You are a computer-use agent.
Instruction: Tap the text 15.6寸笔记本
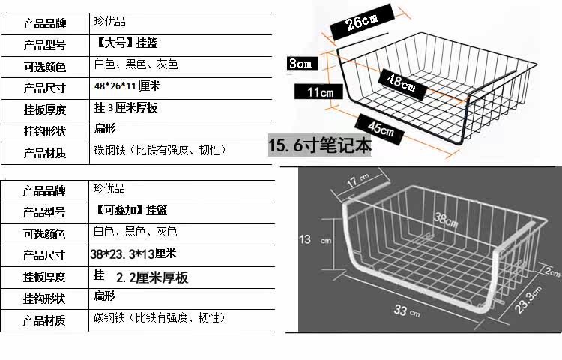click(x=320, y=145)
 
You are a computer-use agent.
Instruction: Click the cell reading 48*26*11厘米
click(x=127, y=86)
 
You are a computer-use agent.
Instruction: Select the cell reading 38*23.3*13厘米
click(x=133, y=253)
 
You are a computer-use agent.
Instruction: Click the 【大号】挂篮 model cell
click(x=132, y=43)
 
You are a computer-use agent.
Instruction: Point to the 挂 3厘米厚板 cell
click(x=125, y=108)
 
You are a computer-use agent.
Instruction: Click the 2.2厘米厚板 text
click(x=152, y=277)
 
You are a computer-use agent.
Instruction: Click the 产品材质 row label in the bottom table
click(x=45, y=320)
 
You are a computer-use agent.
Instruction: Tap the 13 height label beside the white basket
click(x=305, y=239)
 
